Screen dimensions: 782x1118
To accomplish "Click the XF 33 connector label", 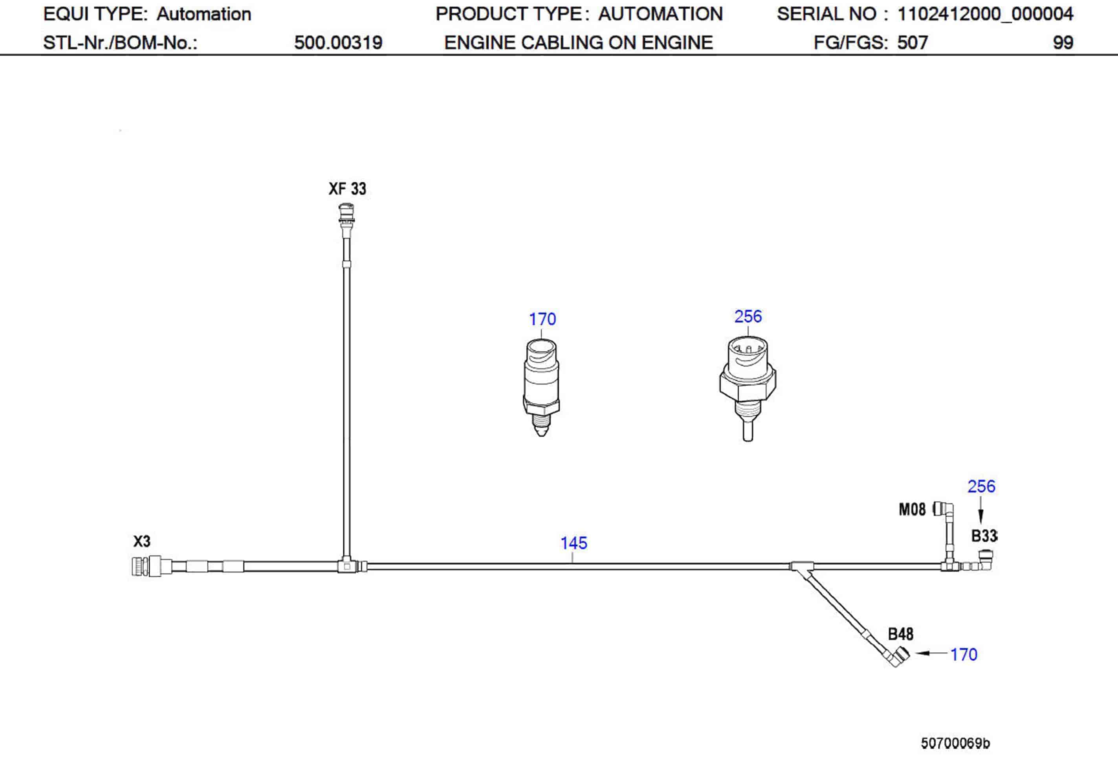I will [347, 189].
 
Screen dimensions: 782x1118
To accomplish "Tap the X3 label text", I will [142, 542].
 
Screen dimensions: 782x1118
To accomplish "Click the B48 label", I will [900, 634].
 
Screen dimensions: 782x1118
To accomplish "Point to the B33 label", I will [984, 536].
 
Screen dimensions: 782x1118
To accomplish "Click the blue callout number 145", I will [574, 543].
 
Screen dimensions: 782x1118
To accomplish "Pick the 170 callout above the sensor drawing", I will [542, 319].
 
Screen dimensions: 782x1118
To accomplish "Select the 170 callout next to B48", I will [964, 654].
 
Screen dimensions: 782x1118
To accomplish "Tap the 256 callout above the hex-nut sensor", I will [748, 316].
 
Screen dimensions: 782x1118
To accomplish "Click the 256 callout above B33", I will [981, 486].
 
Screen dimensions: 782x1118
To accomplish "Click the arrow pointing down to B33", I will [981, 516].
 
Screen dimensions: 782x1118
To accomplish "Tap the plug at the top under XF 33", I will [346, 215].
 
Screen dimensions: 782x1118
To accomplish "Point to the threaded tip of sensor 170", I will [541, 424].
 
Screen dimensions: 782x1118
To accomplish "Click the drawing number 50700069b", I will [955, 743].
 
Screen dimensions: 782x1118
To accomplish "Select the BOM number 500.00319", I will [338, 43].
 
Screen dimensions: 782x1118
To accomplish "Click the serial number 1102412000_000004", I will [985, 14].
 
